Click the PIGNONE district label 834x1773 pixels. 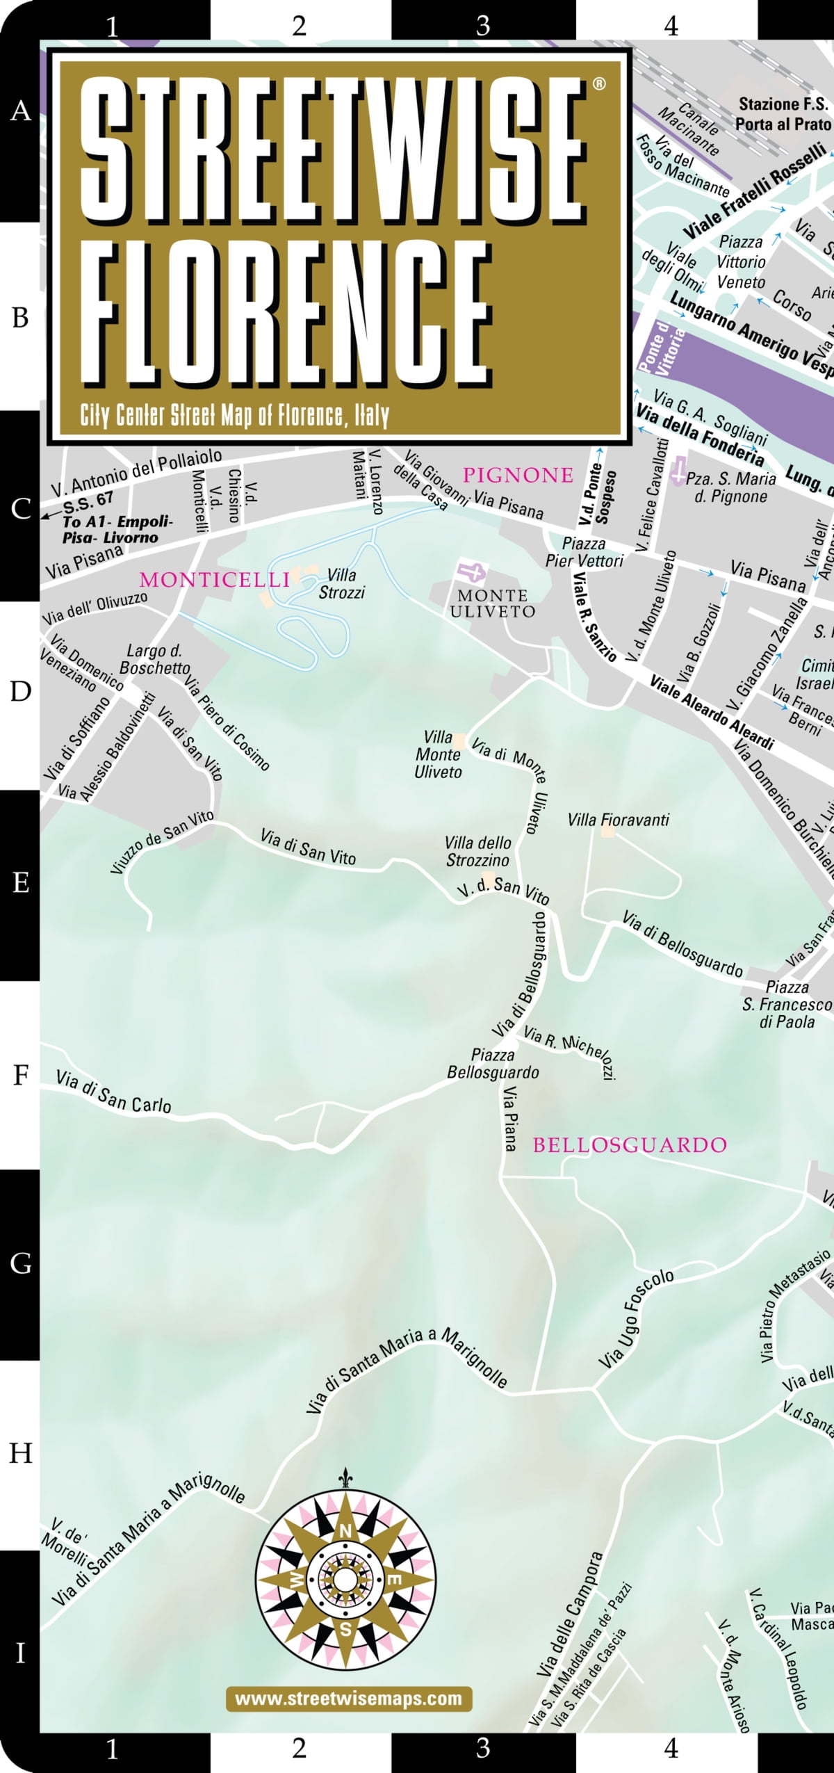click(518, 476)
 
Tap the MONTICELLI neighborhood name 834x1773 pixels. click(214, 580)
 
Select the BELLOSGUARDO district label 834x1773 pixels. click(630, 1145)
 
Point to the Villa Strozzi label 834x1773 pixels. click(341, 584)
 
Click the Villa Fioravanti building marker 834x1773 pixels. click(607, 830)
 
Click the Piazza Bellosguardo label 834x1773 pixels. click(493, 1064)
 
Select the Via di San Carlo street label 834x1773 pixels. click(113, 1092)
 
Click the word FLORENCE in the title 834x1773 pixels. click(285, 313)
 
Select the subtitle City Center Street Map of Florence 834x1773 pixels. click(234, 416)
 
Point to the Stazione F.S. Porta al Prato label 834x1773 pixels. click(783, 114)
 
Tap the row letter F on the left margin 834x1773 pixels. click(20, 1075)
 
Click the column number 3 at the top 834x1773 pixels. click(482, 26)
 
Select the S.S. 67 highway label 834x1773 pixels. click(88, 500)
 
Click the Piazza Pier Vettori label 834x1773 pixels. click(584, 552)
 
